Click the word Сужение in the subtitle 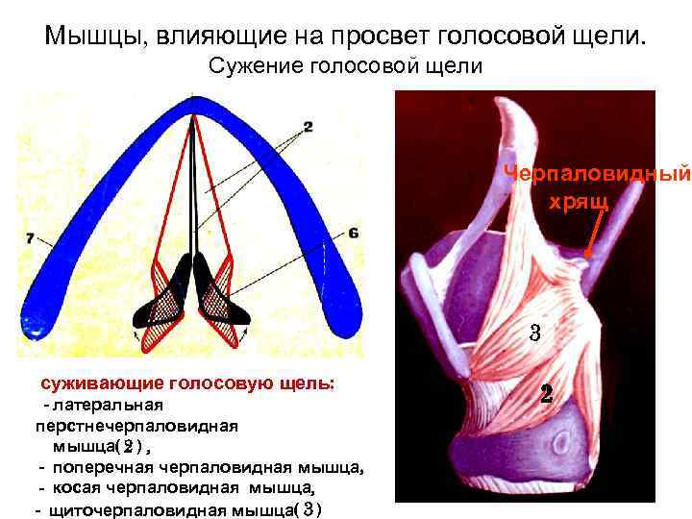[249, 66]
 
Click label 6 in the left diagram [354, 234]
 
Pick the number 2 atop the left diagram [307, 126]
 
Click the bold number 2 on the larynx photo [546, 394]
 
